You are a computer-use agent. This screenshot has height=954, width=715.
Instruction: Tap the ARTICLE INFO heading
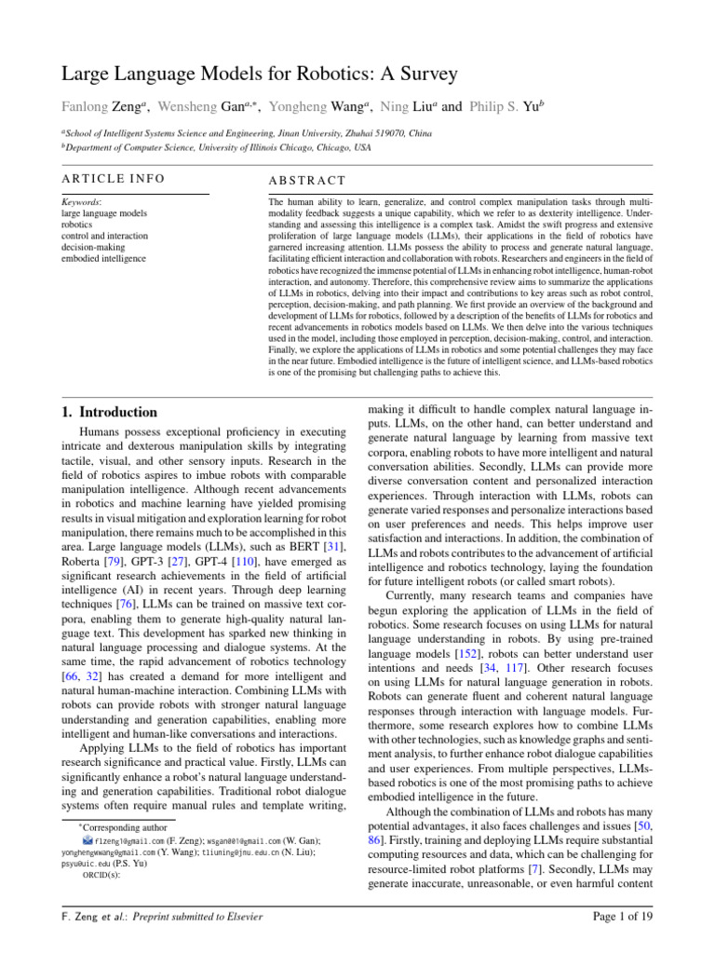(x=113, y=179)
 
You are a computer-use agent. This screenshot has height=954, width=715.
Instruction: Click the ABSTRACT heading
(x=306, y=180)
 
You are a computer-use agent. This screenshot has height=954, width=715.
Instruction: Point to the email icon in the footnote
(x=88, y=839)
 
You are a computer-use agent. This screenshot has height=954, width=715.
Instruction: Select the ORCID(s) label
(x=101, y=876)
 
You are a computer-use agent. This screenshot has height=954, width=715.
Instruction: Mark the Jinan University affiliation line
(x=246, y=134)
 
